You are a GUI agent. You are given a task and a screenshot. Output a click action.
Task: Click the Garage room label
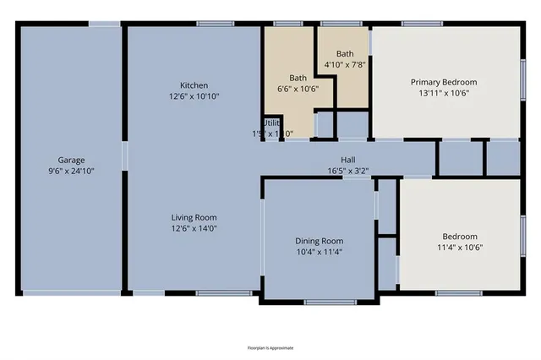71,160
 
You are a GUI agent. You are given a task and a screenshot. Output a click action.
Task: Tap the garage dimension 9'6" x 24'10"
71,171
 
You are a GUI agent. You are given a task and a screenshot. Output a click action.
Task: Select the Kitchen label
194,85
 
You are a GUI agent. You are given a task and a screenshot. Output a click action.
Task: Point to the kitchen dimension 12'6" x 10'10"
194,95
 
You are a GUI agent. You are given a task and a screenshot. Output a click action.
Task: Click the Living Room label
194,216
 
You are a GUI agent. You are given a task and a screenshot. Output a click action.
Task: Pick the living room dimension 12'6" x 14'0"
194,227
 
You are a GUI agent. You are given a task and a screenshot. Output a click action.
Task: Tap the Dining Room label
319,240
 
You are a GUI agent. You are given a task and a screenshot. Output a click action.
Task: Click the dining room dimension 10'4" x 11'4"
319,251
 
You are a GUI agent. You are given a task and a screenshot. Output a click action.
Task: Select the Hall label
347,160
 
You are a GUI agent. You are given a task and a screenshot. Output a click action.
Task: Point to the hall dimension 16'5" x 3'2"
347,171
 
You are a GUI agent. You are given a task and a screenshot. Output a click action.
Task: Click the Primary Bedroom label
444,82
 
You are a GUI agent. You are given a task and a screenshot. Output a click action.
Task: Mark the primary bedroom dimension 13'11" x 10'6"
444,93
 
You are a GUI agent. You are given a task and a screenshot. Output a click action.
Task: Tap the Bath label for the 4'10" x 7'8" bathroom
344,53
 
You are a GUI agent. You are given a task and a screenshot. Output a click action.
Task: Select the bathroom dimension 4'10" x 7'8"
344,65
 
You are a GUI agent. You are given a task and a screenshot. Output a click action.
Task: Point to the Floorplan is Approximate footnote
270,347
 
